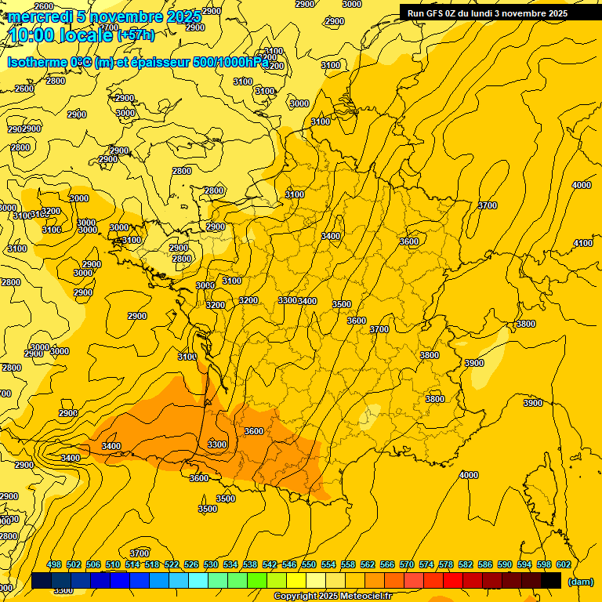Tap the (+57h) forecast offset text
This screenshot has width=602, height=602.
pos(136,35)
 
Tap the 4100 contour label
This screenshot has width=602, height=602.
pos(582,244)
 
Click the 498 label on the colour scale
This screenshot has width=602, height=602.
pos(54,564)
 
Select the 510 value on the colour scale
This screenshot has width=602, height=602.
pos(113,564)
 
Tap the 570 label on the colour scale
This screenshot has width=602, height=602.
pos(407,564)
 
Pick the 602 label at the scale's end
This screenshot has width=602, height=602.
pos(564,564)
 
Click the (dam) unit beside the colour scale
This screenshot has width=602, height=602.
pos(580,581)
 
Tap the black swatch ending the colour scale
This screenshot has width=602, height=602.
pos(551,580)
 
